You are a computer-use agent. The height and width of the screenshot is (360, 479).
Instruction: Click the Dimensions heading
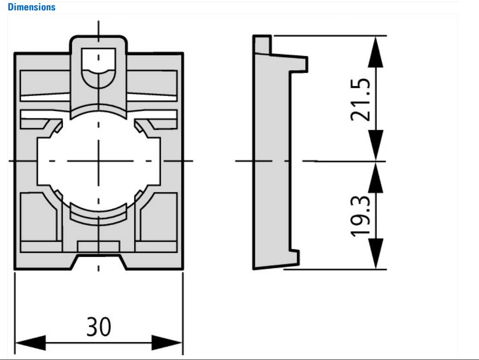click(x=32, y=7)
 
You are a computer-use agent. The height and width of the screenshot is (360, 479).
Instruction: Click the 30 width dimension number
click(x=99, y=328)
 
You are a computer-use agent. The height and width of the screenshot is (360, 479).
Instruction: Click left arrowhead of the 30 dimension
click(x=30, y=343)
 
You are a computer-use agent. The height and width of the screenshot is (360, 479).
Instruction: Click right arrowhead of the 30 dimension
click(x=166, y=343)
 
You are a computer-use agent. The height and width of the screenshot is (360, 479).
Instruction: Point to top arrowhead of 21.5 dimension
click(x=376, y=51)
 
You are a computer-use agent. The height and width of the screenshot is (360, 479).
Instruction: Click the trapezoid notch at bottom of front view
click(x=99, y=263)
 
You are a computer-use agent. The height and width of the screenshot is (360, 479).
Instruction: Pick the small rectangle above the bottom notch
click(x=99, y=247)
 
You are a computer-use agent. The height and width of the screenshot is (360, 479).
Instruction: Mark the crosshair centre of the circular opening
click(x=99, y=161)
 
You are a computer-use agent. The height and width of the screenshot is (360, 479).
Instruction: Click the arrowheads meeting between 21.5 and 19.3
click(x=376, y=161)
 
